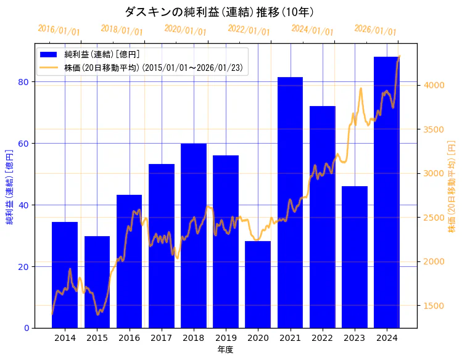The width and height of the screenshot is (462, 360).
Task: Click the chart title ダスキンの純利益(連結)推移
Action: point(219,12)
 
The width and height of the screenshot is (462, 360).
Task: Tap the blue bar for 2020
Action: point(258,284)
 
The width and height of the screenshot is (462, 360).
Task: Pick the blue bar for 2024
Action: point(386,192)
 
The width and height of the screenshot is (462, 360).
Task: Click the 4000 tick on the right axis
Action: point(432,85)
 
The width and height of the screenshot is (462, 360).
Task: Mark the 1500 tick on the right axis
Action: point(432,305)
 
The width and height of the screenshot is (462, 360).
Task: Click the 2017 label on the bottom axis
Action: point(161,337)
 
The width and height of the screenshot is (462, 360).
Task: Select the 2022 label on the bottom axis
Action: point(322,337)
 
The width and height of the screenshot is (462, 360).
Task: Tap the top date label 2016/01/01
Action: point(59,30)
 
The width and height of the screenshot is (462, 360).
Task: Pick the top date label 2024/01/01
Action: point(312,30)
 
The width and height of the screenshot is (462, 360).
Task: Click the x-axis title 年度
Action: point(225,350)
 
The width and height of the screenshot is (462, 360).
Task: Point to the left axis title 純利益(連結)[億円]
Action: point(9,186)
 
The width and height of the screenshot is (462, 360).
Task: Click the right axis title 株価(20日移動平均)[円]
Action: point(452,186)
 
